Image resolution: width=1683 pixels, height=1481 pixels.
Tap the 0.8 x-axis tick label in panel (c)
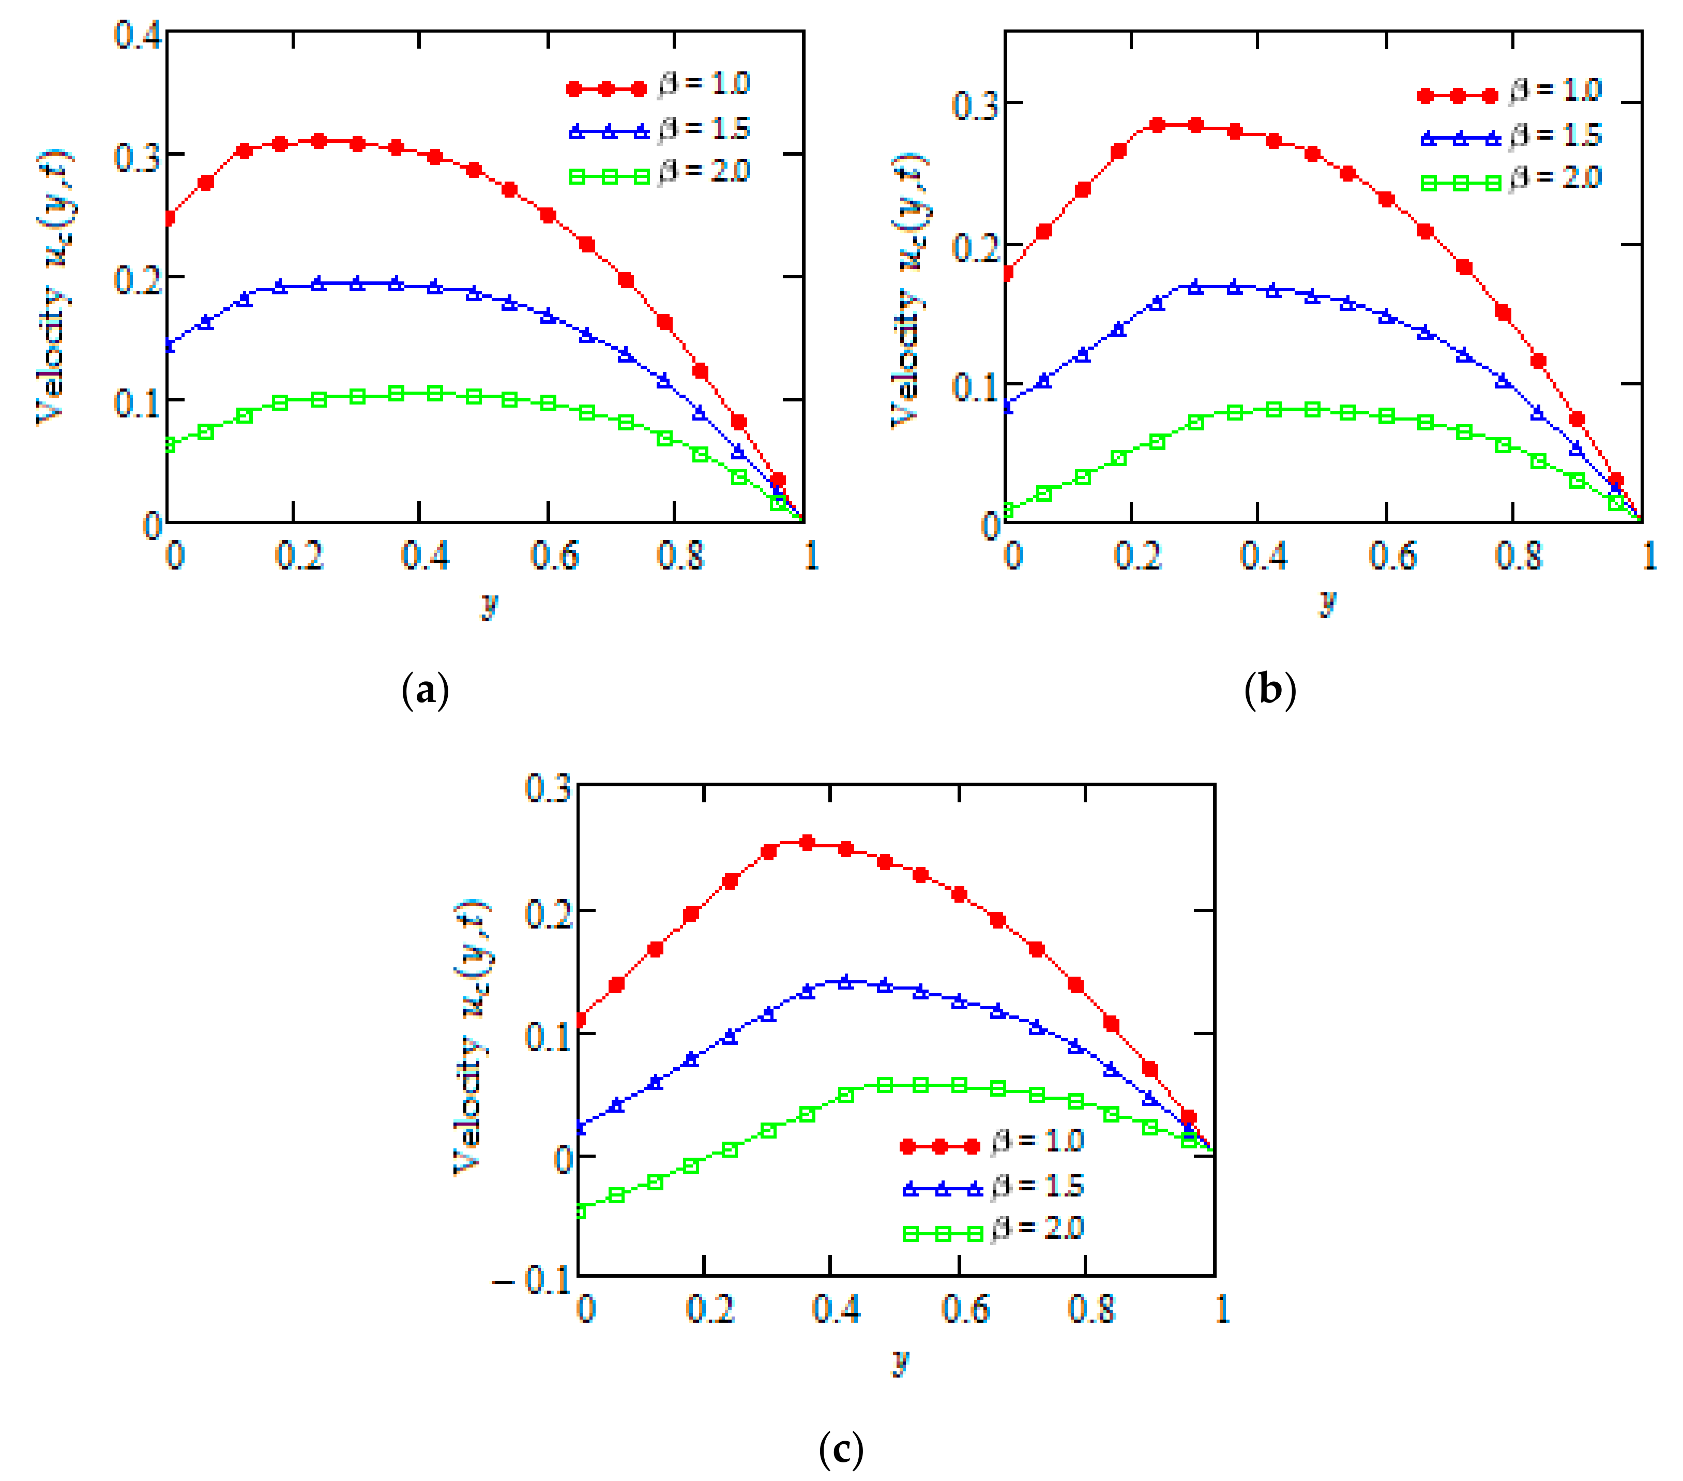click(1091, 1309)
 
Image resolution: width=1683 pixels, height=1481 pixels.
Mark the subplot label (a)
click(425, 690)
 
